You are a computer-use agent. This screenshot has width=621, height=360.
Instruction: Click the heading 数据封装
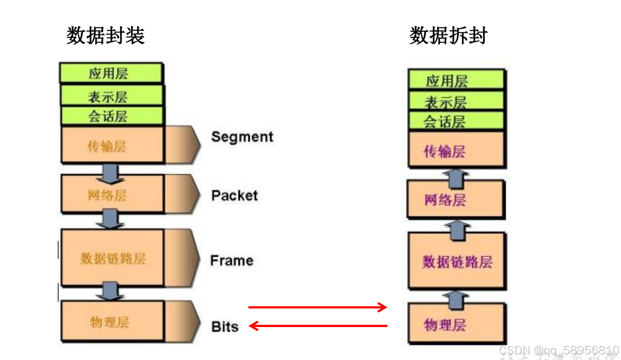click(106, 36)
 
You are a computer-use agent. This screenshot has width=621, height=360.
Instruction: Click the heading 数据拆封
click(448, 36)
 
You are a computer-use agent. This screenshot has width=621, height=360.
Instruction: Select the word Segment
click(242, 137)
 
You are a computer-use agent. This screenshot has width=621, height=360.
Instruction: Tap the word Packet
click(234, 196)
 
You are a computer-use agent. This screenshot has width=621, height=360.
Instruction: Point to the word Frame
click(232, 261)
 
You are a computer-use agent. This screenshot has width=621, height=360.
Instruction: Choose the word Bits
click(225, 327)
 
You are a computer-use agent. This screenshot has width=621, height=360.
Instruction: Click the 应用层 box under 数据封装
click(111, 73)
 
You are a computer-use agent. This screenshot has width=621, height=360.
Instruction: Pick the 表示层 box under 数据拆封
click(456, 102)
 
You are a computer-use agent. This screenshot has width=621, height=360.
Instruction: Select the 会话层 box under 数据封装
click(111, 116)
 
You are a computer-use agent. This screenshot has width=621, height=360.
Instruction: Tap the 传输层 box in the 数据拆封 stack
click(456, 150)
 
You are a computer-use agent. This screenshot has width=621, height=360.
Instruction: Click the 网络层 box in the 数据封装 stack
click(111, 194)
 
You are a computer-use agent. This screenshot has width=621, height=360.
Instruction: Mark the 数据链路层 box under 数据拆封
click(456, 261)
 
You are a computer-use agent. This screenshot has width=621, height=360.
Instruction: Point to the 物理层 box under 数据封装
click(111, 322)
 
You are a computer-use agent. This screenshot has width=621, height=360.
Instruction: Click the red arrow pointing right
click(318, 307)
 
